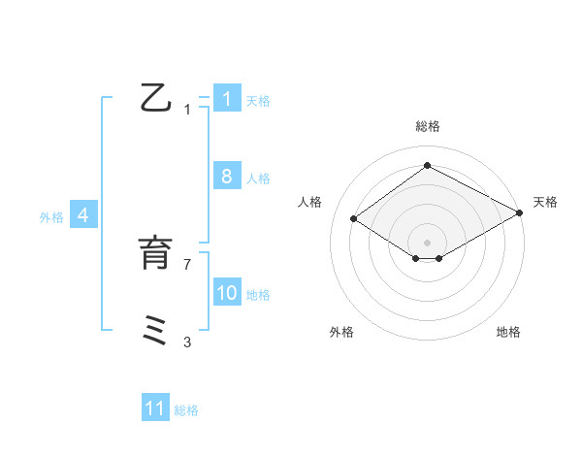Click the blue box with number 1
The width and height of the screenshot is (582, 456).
coord(226,99)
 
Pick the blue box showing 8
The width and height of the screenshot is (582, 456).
coord(226,176)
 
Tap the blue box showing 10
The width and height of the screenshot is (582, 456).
coord(226,292)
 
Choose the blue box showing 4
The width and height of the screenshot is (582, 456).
coord(83,215)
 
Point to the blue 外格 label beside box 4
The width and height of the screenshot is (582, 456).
coord(51,217)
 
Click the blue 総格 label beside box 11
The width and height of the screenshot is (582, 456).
coord(186,410)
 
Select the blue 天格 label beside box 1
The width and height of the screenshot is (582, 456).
coord(257,101)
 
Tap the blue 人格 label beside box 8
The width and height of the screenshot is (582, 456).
coord(257,179)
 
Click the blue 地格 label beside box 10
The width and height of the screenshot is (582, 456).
coord(257,295)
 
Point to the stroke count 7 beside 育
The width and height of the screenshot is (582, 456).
coord(187,264)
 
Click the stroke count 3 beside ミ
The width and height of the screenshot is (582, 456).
coord(187,342)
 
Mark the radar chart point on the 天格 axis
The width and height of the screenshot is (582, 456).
coord(520,215)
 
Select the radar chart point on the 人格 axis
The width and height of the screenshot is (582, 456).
coord(354,219)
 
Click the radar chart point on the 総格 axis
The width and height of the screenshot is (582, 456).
coord(427,166)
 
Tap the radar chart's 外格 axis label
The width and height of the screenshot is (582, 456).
coord(340,332)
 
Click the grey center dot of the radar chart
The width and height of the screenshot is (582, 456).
coord(427,242)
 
